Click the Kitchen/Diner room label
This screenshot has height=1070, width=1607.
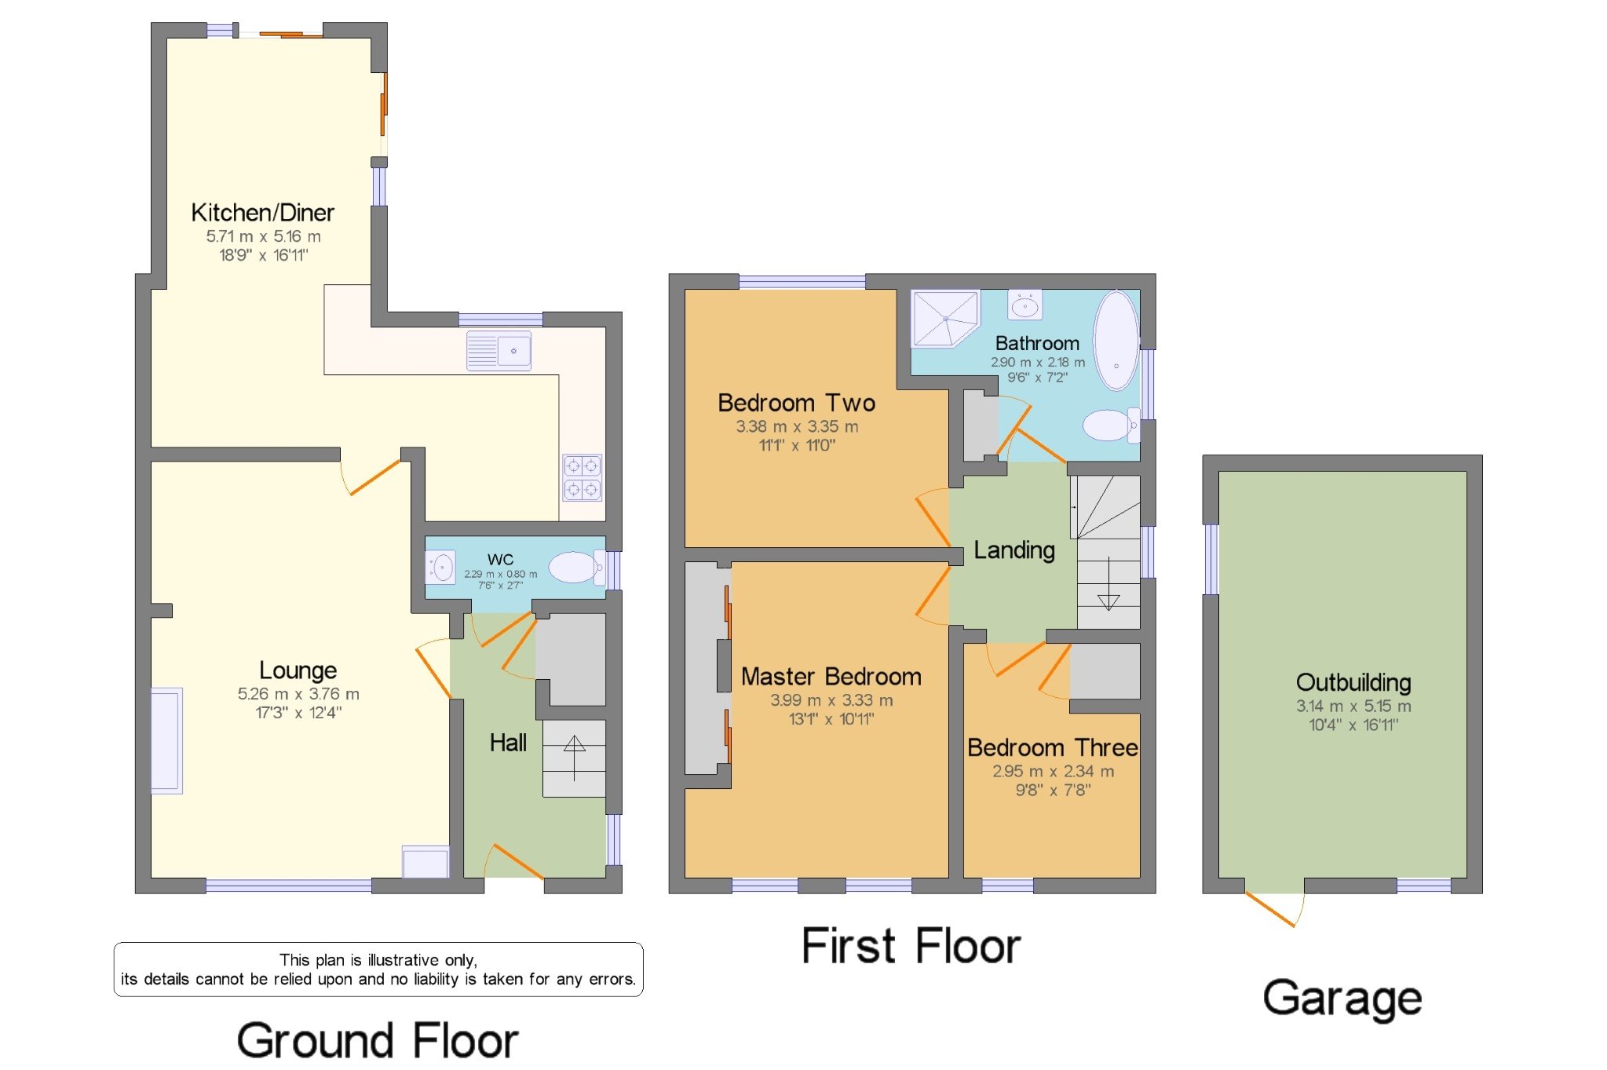pos(262,213)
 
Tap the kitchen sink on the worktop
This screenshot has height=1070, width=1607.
pos(499,350)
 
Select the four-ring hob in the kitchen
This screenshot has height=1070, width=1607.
pos(582,477)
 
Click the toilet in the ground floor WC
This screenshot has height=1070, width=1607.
pos(575,567)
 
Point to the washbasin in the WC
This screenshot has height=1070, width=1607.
pos(441,567)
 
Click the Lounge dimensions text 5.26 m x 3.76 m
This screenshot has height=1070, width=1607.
pos(298,694)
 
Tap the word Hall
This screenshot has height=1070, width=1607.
pos(508,743)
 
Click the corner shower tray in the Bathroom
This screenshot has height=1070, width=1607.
pos(944,317)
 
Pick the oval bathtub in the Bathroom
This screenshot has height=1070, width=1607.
pos(1116,340)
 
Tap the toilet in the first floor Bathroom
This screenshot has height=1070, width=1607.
pos(1109,425)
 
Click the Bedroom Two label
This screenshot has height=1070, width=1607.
pos(796,403)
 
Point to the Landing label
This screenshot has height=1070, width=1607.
pos(1014,550)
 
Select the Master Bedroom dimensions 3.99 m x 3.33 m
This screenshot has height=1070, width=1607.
pos(831,700)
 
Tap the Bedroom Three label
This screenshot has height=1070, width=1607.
pos(1052,747)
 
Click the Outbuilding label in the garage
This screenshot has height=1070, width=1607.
pos(1353,682)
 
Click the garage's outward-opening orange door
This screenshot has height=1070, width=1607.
pos(1272,910)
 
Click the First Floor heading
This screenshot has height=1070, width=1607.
pos(911,946)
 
